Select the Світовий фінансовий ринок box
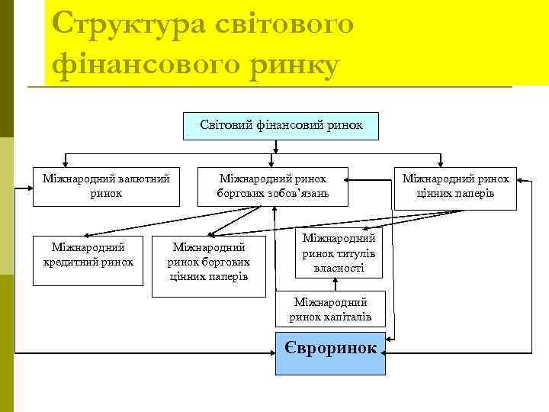pos(281,124)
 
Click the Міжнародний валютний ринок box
pos(106,186)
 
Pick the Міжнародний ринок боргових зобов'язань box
pos(274,186)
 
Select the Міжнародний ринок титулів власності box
pos(338,254)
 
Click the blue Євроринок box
pos(330,353)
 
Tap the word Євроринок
pos(330,348)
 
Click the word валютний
pos(142,179)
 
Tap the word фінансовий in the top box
pos(281,124)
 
